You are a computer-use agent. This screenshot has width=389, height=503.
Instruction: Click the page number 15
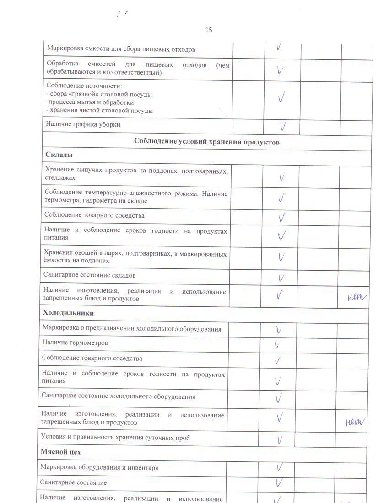(209, 30)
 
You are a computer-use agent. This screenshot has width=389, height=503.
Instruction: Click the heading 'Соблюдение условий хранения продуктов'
(206, 142)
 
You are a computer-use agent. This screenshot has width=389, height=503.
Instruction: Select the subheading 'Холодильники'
(68, 313)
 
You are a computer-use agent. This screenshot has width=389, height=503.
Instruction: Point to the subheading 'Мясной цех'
(60, 452)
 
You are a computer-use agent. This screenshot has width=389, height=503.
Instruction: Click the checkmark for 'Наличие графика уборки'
(283, 126)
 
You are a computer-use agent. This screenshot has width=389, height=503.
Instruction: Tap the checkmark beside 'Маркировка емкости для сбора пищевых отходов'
(279, 47)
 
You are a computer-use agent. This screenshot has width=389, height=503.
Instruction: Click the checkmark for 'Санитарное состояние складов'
(281, 278)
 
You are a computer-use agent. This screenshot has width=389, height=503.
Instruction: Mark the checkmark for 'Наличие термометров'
(276, 345)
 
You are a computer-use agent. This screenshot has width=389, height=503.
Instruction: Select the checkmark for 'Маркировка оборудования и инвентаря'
(279, 467)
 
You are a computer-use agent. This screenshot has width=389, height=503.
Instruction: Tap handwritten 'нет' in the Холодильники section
(355, 422)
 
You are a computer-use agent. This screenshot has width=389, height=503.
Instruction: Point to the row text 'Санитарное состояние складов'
(89, 275)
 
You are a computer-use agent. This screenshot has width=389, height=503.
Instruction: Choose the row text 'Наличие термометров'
(75, 342)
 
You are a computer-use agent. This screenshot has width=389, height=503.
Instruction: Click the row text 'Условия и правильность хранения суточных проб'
(115, 438)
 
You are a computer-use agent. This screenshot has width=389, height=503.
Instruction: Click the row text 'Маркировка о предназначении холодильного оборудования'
(132, 328)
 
